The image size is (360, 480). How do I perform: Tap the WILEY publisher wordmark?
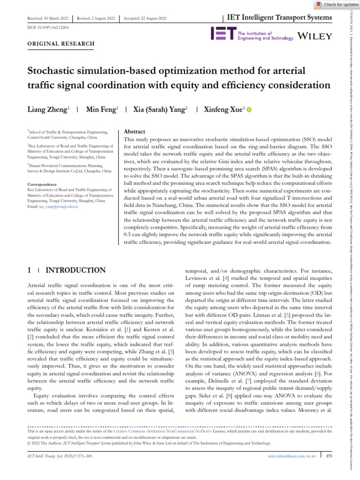point(315,36)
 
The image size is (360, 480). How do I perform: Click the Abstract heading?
point(134,132)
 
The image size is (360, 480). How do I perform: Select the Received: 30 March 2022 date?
point(45,18)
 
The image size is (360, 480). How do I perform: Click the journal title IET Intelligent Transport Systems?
point(279,18)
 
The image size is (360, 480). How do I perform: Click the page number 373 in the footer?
point(329,456)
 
